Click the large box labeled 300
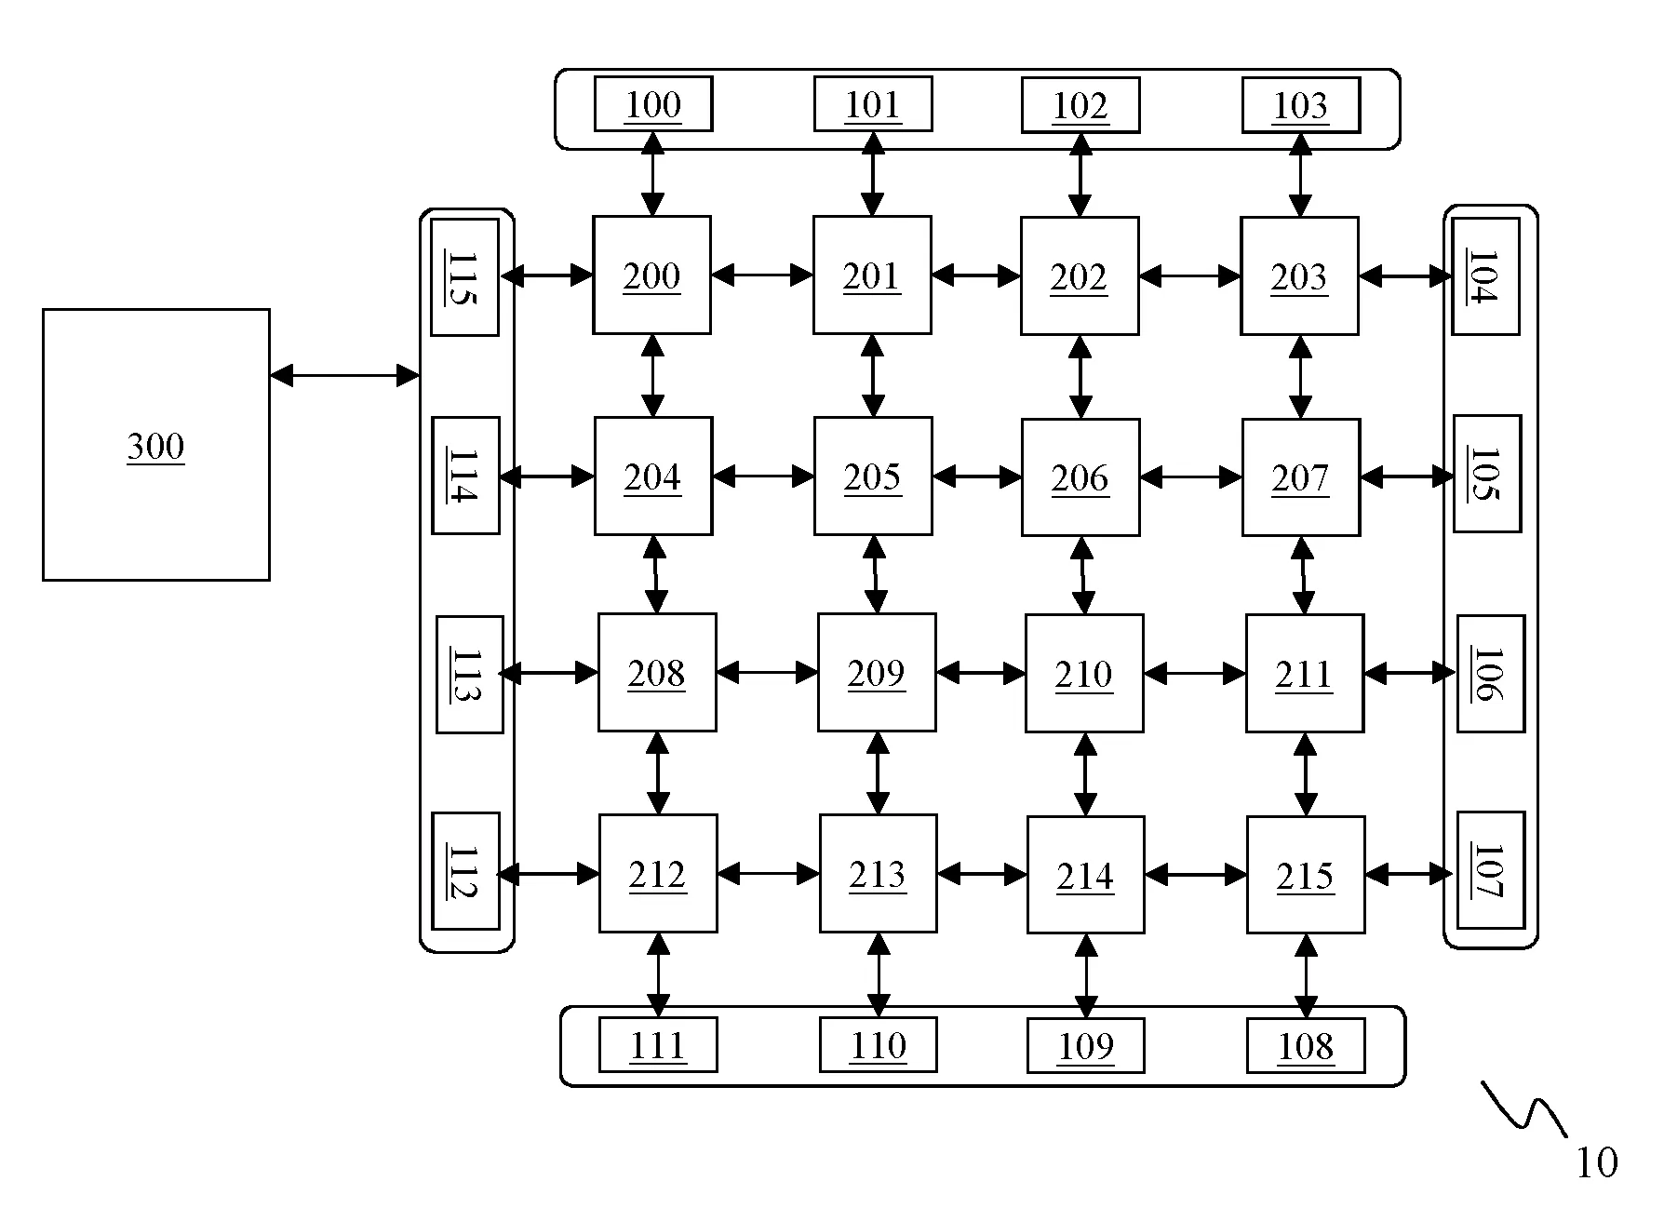tap(156, 445)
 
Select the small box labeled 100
tap(653, 104)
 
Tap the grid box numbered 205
tap(873, 476)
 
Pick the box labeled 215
tap(1306, 875)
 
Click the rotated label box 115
tap(464, 277)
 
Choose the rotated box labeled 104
tap(1485, 276)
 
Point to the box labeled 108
tap(1306, 1046)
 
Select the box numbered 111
tap(658, 1045)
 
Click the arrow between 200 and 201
tap(762, 275)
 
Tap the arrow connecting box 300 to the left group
tap(344, 375)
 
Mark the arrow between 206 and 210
tap(1081, 575)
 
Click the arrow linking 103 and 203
tap(1300, 175)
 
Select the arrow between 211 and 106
tap(1409, 673)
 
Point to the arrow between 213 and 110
tap(879, 975)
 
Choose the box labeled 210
tap(1084, 673)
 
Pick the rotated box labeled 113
tap(469, 675)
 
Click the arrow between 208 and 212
tap(658, 773)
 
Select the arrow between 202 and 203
tap(1189, 275)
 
